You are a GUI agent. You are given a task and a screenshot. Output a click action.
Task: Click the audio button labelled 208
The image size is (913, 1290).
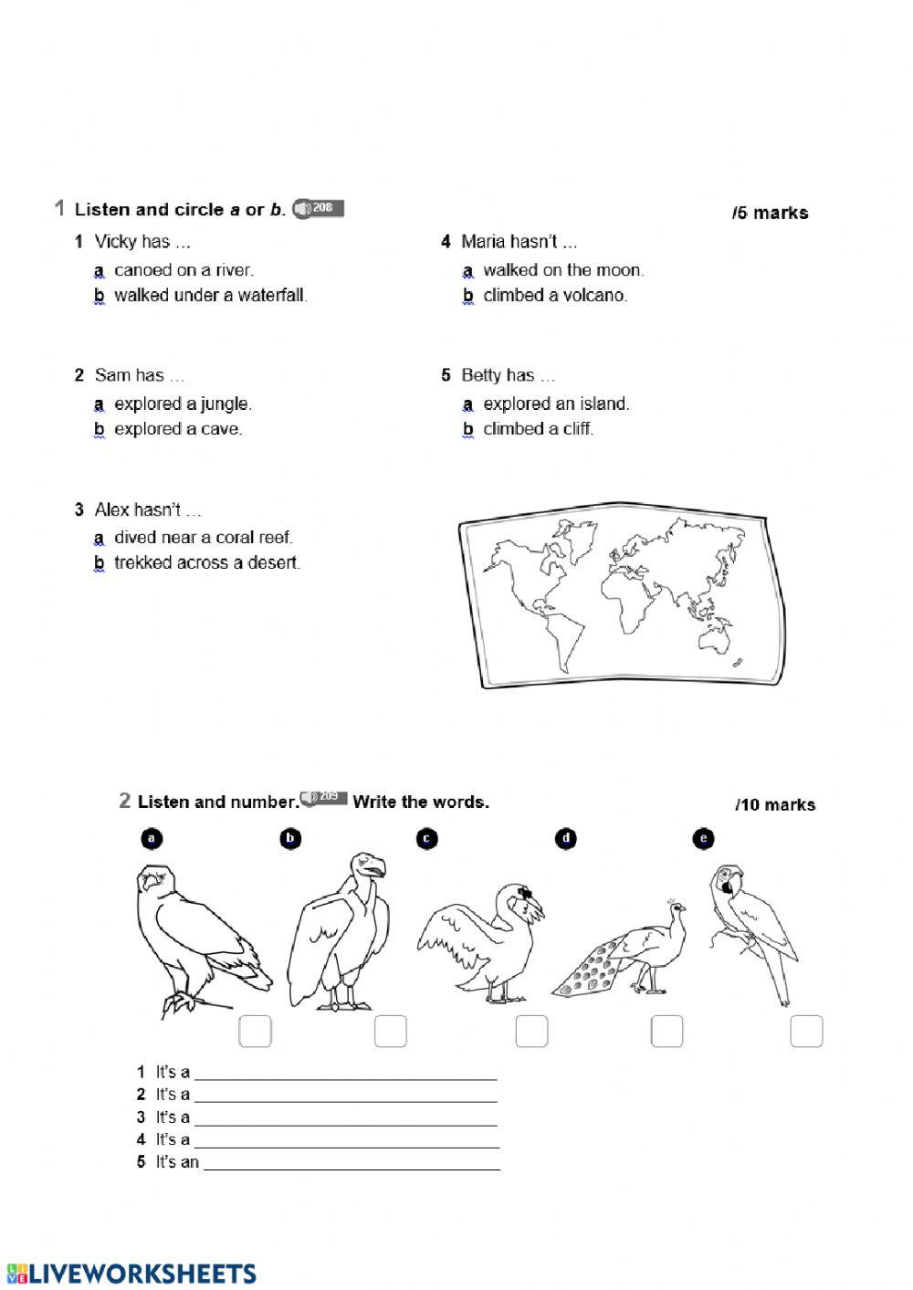[319, 209]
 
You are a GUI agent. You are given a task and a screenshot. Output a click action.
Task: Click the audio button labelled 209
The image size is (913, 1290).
[324, 798]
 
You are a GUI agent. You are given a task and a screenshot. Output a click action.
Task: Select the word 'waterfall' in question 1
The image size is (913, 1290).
[272, 296]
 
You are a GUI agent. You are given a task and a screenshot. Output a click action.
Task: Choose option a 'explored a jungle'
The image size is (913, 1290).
[183, 404]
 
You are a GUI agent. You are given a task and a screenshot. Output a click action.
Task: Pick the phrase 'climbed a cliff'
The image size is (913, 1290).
[538, 429]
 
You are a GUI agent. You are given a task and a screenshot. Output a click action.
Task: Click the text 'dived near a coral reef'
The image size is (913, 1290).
[203, 538]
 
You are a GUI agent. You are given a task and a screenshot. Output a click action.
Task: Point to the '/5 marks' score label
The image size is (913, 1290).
[770, 213]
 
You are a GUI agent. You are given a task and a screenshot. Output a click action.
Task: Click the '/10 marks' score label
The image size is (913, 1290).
[775, 804]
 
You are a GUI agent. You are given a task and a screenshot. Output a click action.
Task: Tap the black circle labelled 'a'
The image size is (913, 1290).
[152, 838]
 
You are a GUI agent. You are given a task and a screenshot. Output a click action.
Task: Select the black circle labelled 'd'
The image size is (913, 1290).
[566, 838]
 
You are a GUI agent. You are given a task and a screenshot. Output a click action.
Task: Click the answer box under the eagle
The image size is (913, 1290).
[255, 1032]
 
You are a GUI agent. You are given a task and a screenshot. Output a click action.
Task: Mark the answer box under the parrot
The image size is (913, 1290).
[806, 1032]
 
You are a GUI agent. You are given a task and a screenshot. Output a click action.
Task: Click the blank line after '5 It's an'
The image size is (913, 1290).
[352, 1162]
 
